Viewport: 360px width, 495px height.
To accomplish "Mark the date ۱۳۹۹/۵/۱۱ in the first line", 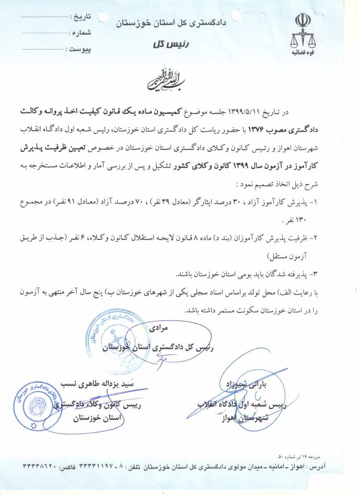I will (x=245, y=112).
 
